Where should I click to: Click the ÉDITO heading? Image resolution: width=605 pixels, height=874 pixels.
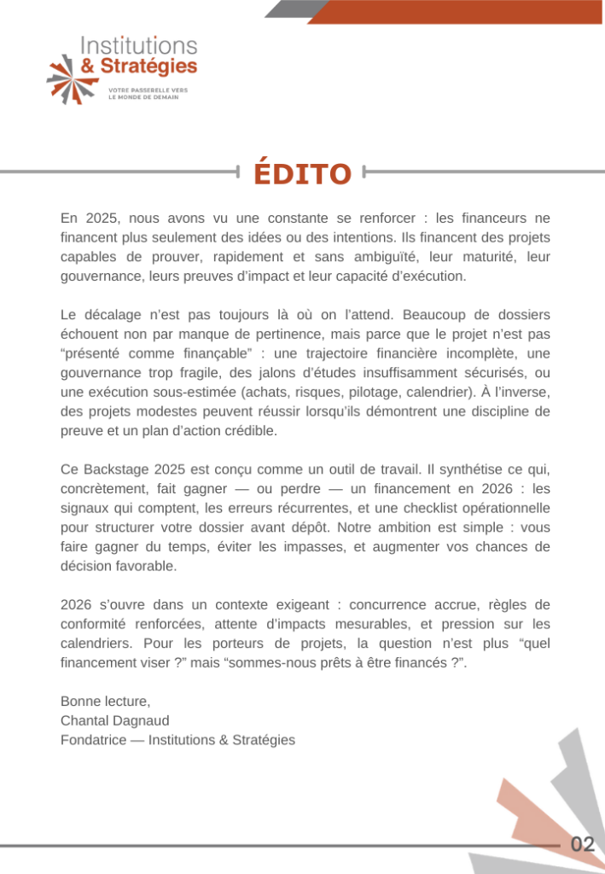(302, 173)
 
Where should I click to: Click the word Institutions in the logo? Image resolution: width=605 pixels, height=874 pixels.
(138, 46)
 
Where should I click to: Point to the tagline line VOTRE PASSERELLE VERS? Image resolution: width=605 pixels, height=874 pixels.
(148, 90)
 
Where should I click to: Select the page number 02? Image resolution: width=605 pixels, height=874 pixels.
(583, 845)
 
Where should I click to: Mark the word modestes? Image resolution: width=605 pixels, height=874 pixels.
(154, 412)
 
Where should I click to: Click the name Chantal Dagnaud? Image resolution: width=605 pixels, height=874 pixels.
(115, 720)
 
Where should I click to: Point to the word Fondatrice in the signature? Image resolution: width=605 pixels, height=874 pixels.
(92, 740)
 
